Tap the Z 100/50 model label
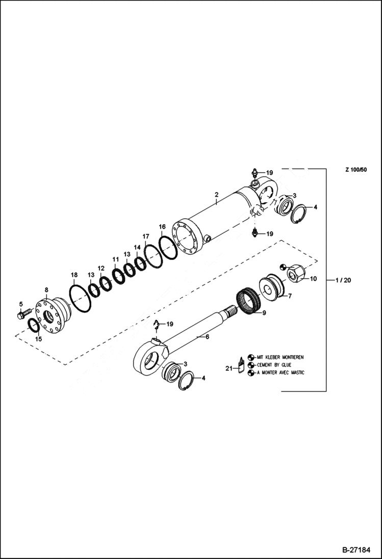[355, 170]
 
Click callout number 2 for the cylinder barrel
[216, 195]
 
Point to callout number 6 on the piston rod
[207, 337]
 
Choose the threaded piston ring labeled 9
[251, 304]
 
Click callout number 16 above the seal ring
[162, 226]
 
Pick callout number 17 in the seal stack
[146, 236]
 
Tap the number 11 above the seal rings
[115, 259]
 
